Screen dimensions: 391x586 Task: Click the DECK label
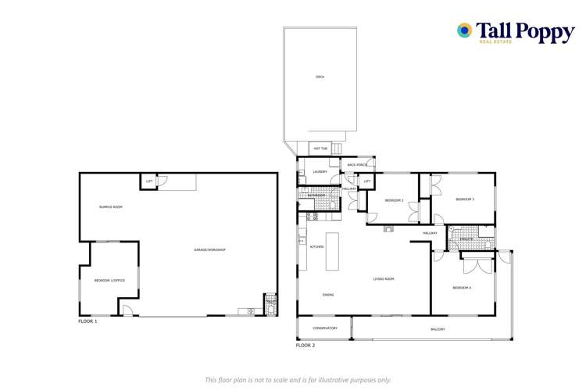320,77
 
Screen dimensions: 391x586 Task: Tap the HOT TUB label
320,148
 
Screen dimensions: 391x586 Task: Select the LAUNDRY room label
320,171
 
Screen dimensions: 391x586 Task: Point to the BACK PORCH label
357,165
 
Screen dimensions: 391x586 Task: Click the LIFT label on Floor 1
148,182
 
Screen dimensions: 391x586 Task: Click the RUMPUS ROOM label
110,206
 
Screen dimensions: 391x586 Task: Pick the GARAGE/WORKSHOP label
209,249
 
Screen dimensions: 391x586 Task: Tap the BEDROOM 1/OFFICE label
109,280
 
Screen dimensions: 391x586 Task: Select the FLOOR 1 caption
88,321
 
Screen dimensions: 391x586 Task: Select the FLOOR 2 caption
306,345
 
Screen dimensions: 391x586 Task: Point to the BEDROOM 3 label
466,199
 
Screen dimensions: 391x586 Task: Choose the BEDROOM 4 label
462,288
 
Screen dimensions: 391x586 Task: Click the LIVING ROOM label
383,278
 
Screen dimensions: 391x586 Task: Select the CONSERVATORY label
325,328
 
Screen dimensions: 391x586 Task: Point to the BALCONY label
438,329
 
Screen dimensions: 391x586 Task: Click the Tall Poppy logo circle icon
465,30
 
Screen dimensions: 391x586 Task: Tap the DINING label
329,295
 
